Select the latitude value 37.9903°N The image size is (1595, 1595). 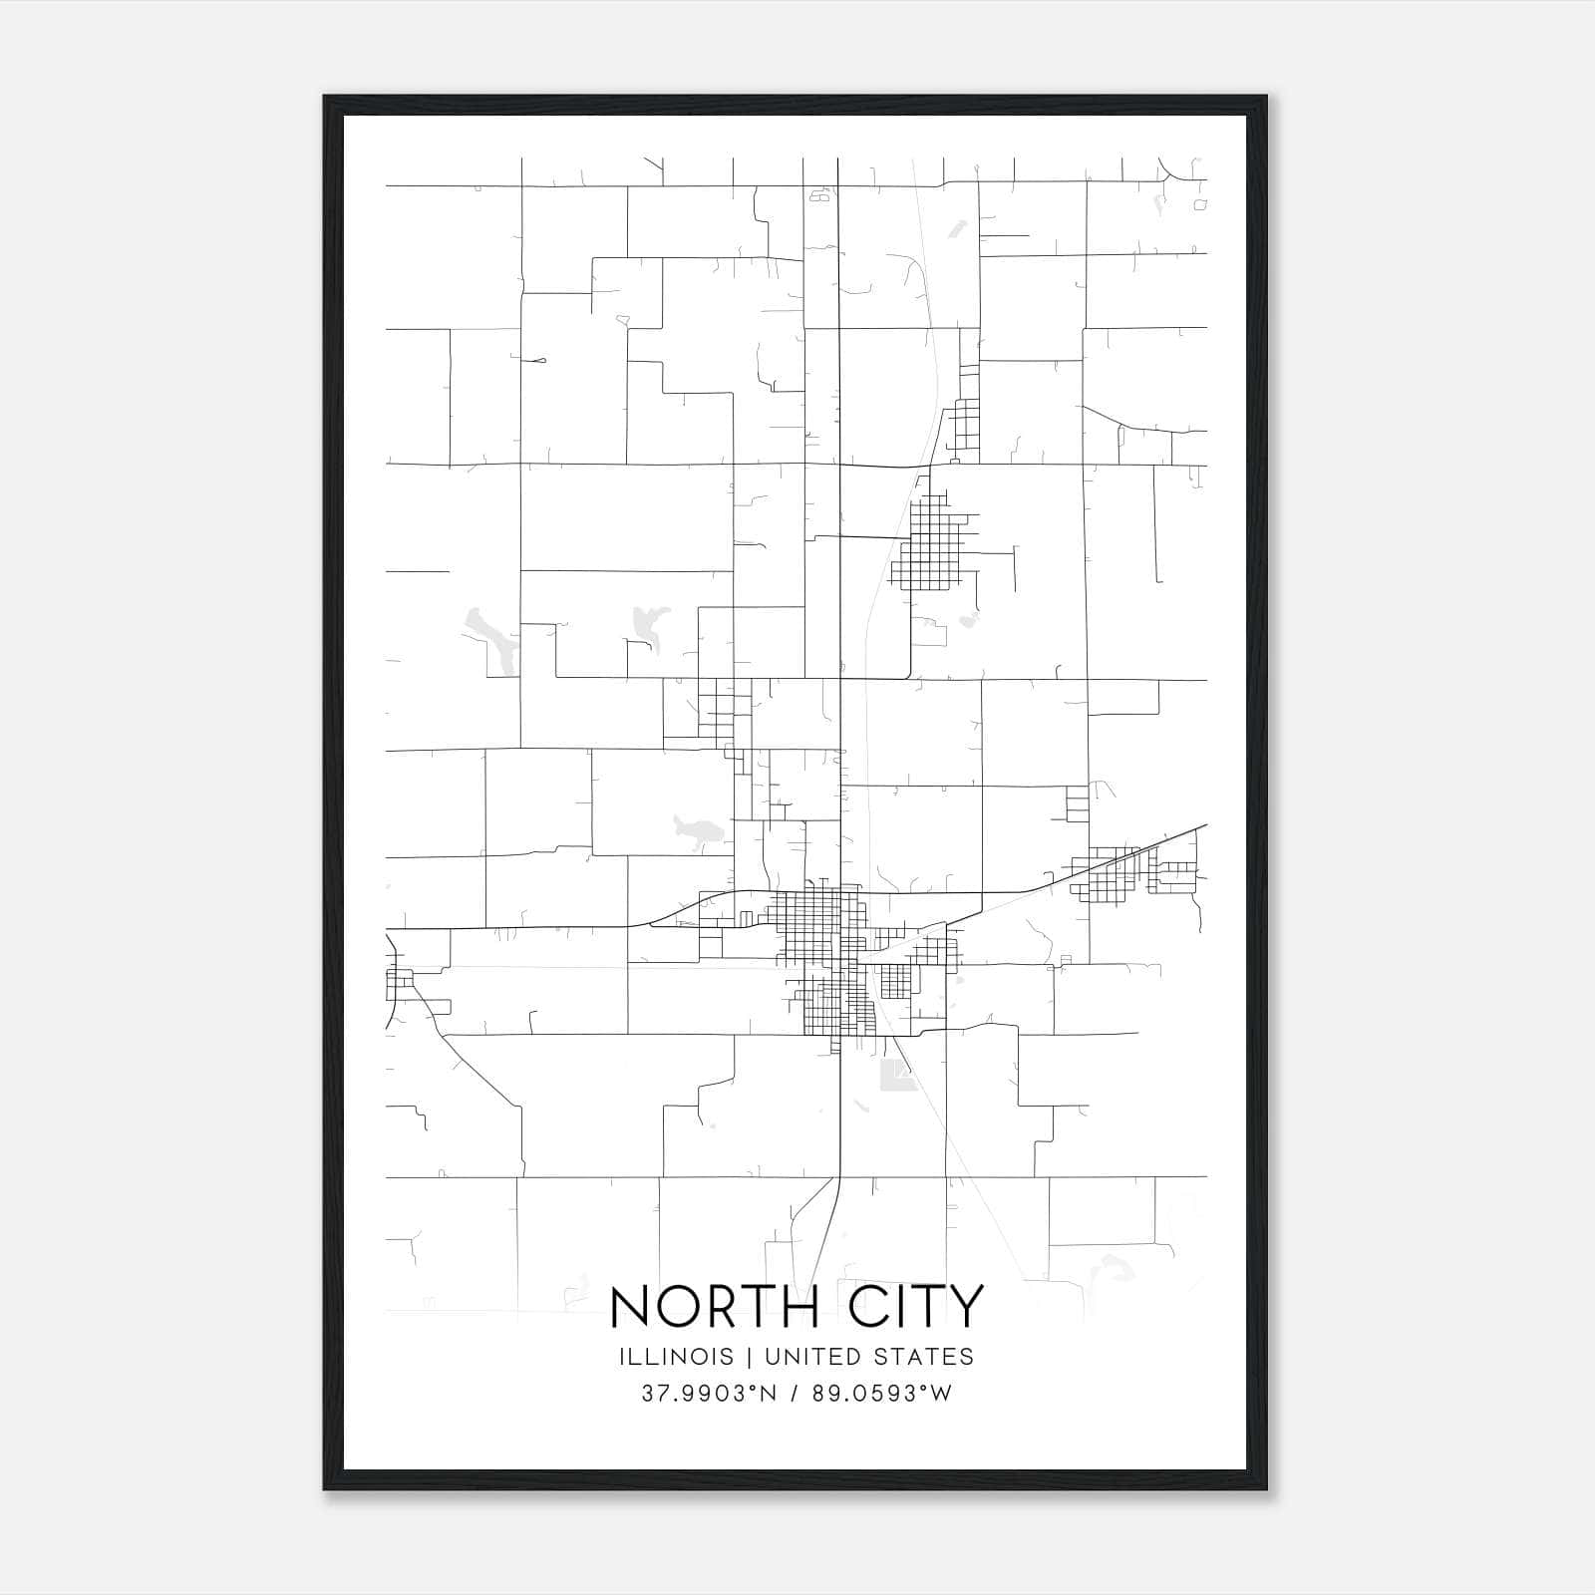(709, 1394)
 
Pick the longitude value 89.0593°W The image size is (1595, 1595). (882, 1394)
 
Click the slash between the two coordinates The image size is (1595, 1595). (796, 1394)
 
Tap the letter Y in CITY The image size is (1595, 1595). (965, 1307)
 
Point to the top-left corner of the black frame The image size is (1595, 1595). (325, 98)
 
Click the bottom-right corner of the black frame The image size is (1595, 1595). (1265, 1488)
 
